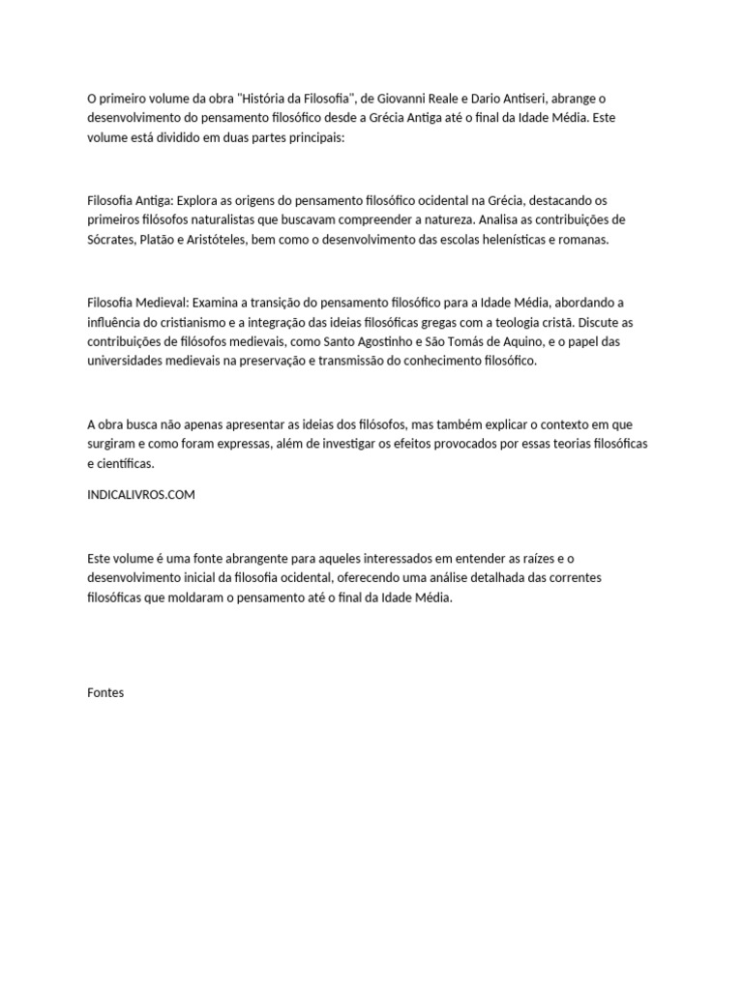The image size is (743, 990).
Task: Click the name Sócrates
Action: point(112,240)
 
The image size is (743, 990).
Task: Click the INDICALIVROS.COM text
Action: point(141,494)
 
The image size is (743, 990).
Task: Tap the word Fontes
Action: point(105,692)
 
